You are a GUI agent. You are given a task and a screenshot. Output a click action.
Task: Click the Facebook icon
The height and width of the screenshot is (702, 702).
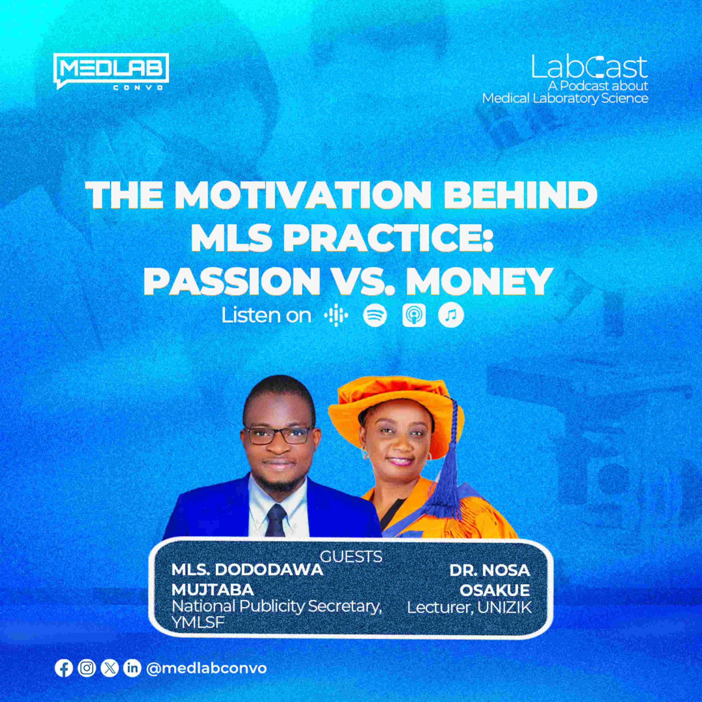pos(64,669)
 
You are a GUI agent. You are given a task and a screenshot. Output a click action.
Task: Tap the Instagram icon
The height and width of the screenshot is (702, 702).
pos(87,669)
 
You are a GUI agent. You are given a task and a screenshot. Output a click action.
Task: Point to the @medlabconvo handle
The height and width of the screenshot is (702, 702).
pos(206,669)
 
